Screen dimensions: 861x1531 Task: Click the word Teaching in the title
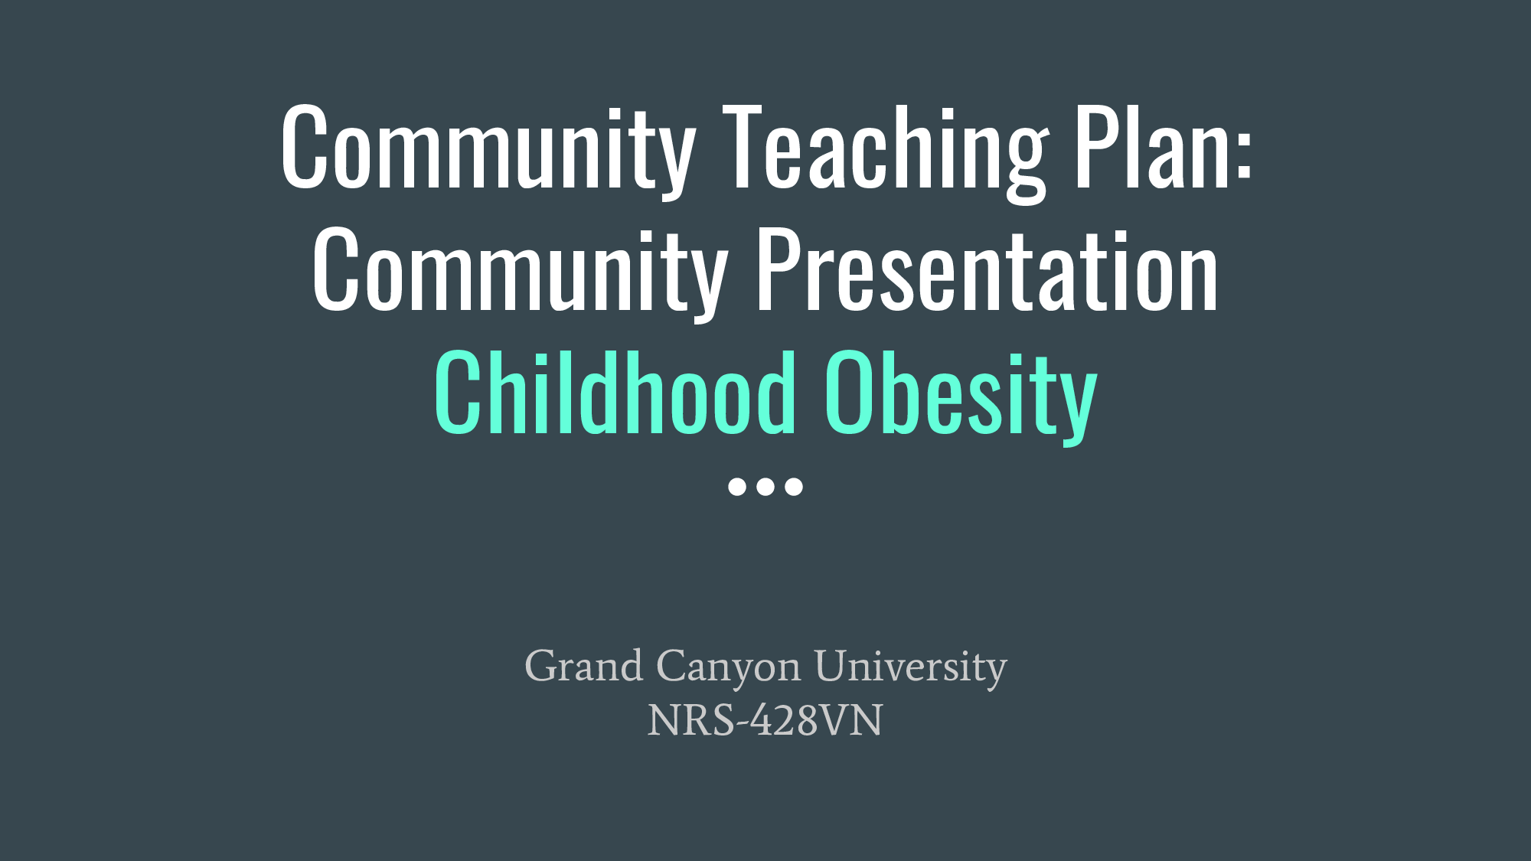coord(885,149)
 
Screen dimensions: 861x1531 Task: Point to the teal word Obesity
coord(961,394)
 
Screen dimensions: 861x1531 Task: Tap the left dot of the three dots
coord(737,487)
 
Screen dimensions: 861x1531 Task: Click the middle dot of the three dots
coord(765,487)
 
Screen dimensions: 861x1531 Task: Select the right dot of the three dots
coord(794,487)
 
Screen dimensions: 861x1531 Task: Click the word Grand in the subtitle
coord(583,666)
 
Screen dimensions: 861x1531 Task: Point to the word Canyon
coord(728,666)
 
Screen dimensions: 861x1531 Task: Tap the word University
coord(910,666)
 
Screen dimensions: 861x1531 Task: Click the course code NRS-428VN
coord(765,721)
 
